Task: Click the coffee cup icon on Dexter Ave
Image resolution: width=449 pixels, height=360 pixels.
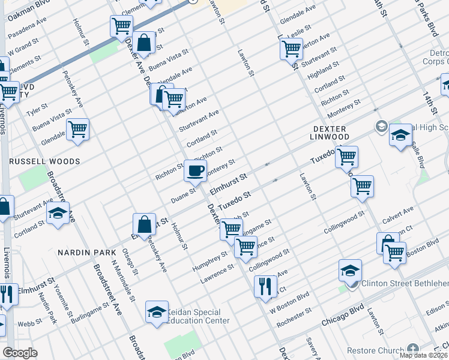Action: click(x=195, y=170)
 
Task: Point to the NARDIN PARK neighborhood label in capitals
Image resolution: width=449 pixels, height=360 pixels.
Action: click(x=82, y=253)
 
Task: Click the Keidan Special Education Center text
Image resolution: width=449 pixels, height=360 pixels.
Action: click(x=200, y=316)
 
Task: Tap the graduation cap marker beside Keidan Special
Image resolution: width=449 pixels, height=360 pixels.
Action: click(x=157, y=313)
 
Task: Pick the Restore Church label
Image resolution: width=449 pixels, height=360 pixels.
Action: click(x=381, y=349)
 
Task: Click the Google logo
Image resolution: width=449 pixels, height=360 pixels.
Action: click(x=20, y=353)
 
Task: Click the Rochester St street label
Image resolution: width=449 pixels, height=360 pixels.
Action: click(x=294, y=318)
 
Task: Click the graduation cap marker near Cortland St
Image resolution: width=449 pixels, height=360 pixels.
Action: click(x=58, y=214)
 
